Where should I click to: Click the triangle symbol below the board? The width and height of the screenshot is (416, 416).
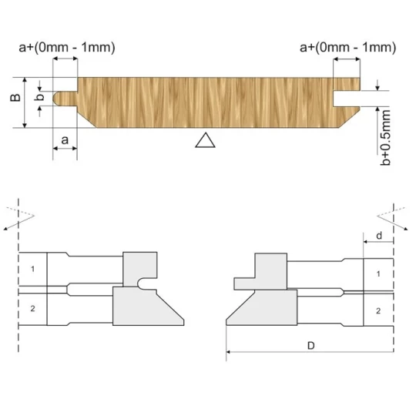pos(205,141)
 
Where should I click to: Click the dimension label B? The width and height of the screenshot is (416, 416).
pos(15,97)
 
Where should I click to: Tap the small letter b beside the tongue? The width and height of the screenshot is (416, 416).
pos(39,97)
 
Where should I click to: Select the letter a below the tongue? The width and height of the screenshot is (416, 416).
pos(65,139)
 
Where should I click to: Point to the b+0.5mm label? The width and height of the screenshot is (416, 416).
pos(385,138)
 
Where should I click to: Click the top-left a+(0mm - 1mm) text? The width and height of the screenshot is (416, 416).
pos(67,48)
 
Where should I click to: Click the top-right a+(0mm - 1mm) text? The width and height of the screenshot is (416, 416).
pos(347,48)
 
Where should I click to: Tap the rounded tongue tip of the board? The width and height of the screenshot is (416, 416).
pos(55,98)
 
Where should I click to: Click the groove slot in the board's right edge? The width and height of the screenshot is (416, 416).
pos(347,99)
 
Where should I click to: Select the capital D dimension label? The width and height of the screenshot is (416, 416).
pos(310,346)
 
